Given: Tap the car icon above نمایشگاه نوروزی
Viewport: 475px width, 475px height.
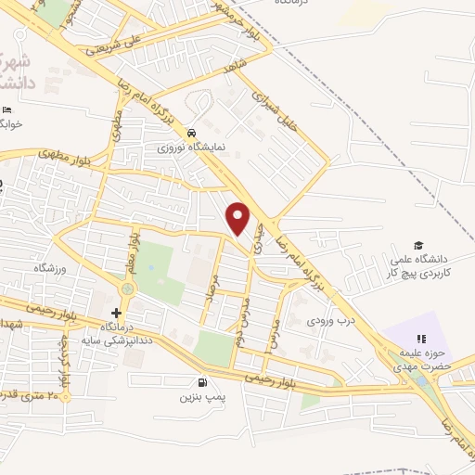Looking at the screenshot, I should [191, 133].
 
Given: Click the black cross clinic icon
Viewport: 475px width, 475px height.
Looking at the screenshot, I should [116, 313].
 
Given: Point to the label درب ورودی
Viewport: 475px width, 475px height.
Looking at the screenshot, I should [332, 321].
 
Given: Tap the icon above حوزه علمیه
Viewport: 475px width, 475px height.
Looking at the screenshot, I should [421, 340].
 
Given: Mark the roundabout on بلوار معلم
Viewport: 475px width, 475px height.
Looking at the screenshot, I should [127, 289].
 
